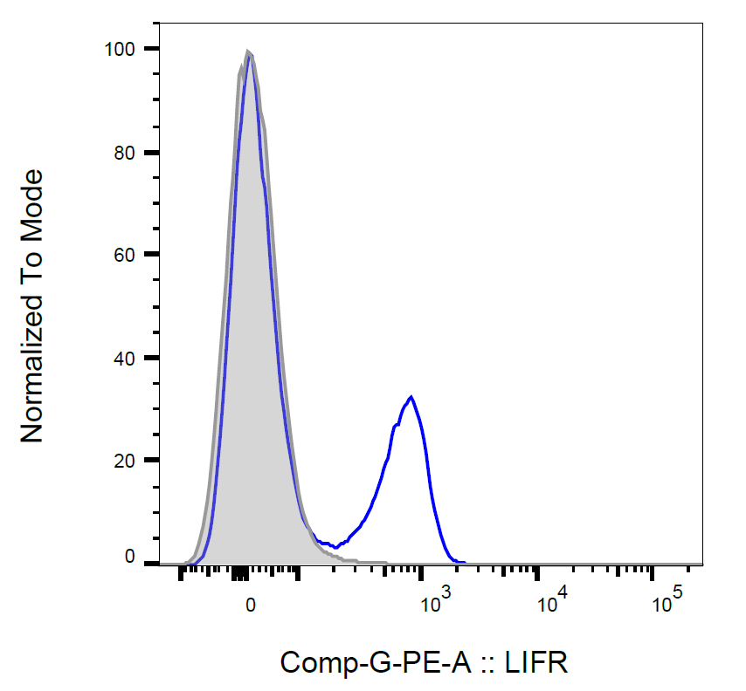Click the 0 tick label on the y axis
tap(130, 557)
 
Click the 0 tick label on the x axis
tap(251, 604)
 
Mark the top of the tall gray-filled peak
tap(248, 51)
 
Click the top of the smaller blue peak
tap(411, 396)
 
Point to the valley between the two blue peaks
tap(335, 547)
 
